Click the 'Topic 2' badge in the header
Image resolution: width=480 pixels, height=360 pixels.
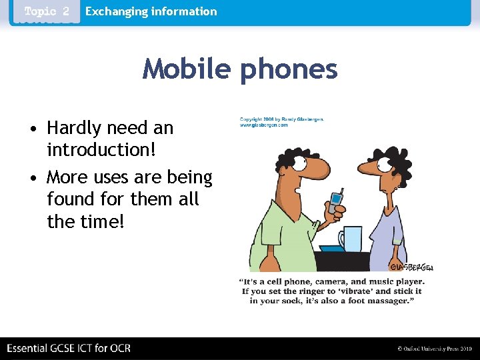pos(46,11)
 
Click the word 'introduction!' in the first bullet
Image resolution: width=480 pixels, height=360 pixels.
pos(101,149)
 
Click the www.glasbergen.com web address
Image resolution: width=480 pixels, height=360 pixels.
pos(264,125)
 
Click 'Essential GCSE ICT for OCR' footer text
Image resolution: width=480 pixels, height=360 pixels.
pos(69,348)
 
